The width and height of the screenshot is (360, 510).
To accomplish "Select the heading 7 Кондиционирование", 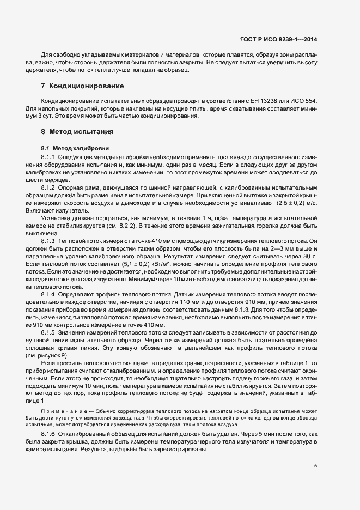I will click(82, 86).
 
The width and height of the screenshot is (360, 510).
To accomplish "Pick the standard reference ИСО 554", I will click(310, 101).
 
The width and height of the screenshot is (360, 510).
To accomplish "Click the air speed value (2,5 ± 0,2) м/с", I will click(297, 203).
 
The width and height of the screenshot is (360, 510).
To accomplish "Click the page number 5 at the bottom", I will click(316, 466).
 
